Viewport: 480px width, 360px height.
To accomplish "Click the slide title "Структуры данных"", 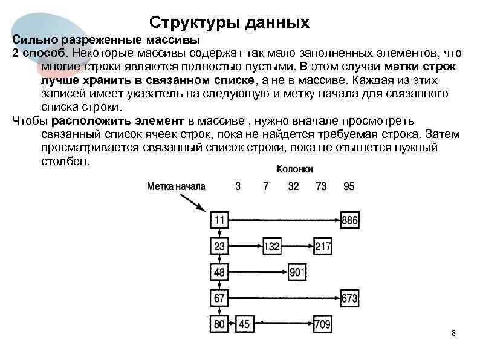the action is pyautogui.click(x=229, y=23).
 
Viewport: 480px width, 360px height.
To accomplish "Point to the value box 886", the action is pyautogui.click(x=349, y=220).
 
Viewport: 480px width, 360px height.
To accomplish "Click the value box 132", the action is pyautogui.click(x=272, y=246).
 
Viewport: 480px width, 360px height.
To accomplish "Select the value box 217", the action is pyautogui.click(x=323, y=246).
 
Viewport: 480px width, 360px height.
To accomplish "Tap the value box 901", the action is pyautogui.click(x=297, y=272).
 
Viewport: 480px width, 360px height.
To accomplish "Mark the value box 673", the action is pyautogui.click(x=349, y=298).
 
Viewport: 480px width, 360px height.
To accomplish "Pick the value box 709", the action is pyautogui.click(x=322, y=324).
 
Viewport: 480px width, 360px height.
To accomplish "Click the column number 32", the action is pyautogui.click(x=293, y=186).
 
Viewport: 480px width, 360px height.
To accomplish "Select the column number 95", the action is pyautogui.click(x=349, y=186).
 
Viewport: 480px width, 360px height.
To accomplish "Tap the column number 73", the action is pyautogui.click(x=321, y=186).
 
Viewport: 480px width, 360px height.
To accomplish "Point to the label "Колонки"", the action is pyautogui.click(x=295, y=169).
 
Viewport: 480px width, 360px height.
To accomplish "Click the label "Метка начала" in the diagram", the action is pyautogui.click(x=176, y=186).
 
